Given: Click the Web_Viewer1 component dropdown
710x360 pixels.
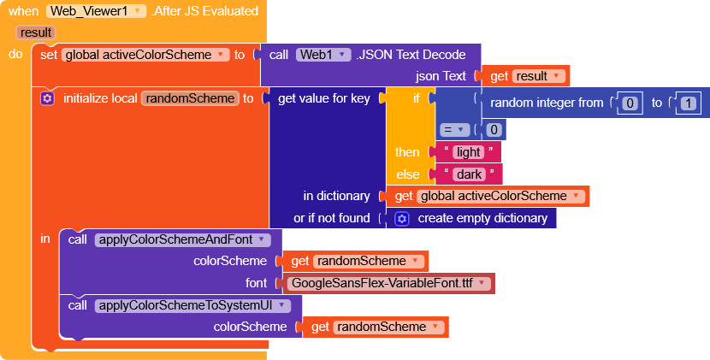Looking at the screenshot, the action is coord(96,11).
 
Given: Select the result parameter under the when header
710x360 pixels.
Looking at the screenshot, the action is coord(36,32).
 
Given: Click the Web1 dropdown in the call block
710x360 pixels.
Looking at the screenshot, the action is coord(323,55).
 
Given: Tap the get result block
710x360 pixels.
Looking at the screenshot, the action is coord(525,76).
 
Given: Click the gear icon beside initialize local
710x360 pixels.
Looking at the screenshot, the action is coord(47,98).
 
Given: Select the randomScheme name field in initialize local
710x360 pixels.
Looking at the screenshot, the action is coord(190,98).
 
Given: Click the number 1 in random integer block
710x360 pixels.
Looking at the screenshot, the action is coord(689,103).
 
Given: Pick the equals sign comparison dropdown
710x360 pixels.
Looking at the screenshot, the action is coord(454,130).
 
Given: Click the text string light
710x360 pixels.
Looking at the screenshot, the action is coord(468,152).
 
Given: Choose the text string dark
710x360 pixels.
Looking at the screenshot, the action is coord(469,174).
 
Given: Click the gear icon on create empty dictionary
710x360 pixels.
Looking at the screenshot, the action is coord(402,219).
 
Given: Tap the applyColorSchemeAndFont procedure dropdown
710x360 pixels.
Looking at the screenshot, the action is coord(182,239).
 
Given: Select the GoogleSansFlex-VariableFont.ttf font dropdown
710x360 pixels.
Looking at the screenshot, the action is coord(388,284).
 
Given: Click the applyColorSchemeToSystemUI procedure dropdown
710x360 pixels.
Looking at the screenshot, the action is coord(192,305).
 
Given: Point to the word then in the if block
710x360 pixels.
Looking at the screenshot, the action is coord(407,152).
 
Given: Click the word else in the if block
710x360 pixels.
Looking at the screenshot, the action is coord(407,174).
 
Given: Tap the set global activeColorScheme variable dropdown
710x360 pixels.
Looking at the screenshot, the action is coord(145,55).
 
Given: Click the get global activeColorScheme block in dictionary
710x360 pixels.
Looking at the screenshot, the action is coord(488,196).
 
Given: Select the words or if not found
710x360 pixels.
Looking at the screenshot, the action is coord(332,218).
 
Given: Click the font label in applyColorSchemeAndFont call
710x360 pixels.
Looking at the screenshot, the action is coord(257,283).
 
